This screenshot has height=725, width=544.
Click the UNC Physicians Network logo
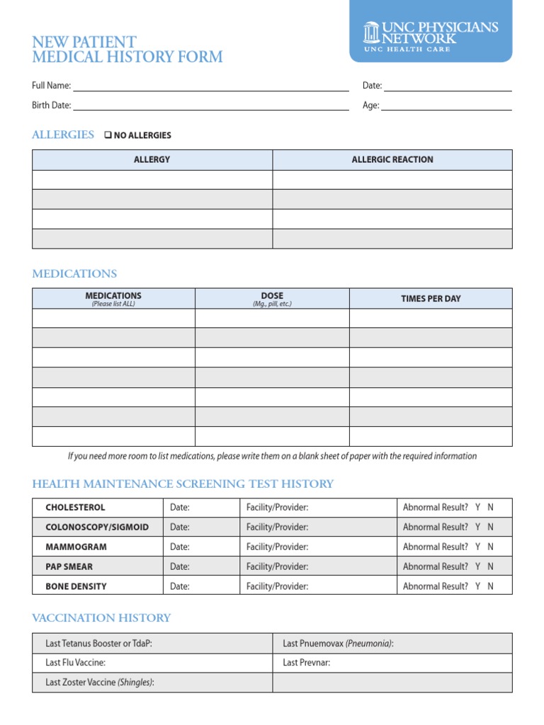(x=431, y=33)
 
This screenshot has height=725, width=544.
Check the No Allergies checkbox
(x=108, y=135)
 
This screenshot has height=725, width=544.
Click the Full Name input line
(x=210, y=86)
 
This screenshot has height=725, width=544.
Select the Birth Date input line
(x=210, y=105)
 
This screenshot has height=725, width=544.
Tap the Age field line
(x=446, y=105)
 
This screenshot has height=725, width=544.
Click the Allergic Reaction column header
(x=392, y=159)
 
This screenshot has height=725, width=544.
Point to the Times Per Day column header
(x=431, y=299)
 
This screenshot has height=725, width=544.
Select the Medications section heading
(x=74, y=273)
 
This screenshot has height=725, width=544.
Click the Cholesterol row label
(x=75, y=508)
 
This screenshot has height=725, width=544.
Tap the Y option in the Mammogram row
(x=478, y=547)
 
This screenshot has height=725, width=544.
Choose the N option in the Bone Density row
(x=491, y=586)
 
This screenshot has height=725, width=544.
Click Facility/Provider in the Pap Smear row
(x=277, y=566)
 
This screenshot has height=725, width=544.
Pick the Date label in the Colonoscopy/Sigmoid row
(x=180, y=527)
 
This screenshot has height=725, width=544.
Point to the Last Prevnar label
(x=306, y=663)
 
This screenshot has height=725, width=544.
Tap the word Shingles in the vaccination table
(x=135, y=683)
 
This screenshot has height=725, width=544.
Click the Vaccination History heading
(x=101, y=617)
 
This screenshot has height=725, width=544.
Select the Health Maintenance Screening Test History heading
(x=183, y=484)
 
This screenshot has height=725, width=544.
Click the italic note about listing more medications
(x=272, y=456)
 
